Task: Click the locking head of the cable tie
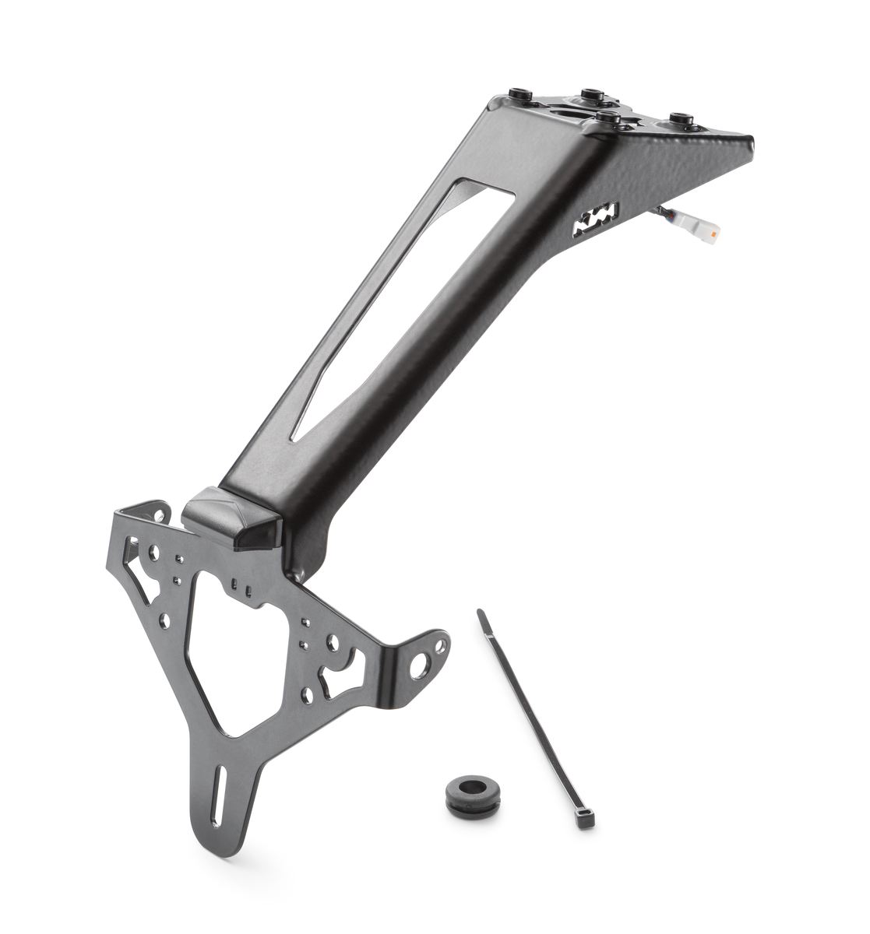[x=584, y=818]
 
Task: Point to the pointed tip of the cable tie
[x=481, y=614]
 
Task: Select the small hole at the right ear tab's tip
[x=442, y=645]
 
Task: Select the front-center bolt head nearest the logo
[x=608, y=118]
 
